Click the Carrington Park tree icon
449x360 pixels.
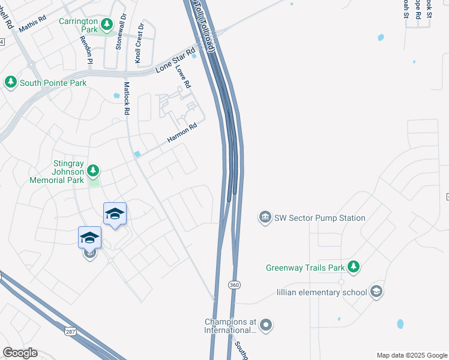(106, 24)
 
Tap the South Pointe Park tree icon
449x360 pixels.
(11, 83)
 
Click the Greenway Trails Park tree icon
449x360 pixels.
(354, 266)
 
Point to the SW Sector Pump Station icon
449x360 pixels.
(265, 217)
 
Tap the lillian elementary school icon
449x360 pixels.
(376, 292)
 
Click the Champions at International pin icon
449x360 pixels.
(266, 326)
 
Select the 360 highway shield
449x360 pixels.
(234, 284)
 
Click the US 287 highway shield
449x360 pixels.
(71, 331)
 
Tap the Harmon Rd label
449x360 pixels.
(182, 133)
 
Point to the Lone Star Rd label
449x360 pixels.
(176, 61)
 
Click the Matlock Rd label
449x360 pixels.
(127, 99)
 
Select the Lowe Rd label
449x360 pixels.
(182, 76)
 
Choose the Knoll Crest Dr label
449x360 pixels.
(139, 44)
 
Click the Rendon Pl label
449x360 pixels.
(86, 49)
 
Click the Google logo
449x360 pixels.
(20, 353)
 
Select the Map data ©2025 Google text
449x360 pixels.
(412, 355)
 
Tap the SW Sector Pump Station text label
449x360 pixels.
(320, 218)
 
